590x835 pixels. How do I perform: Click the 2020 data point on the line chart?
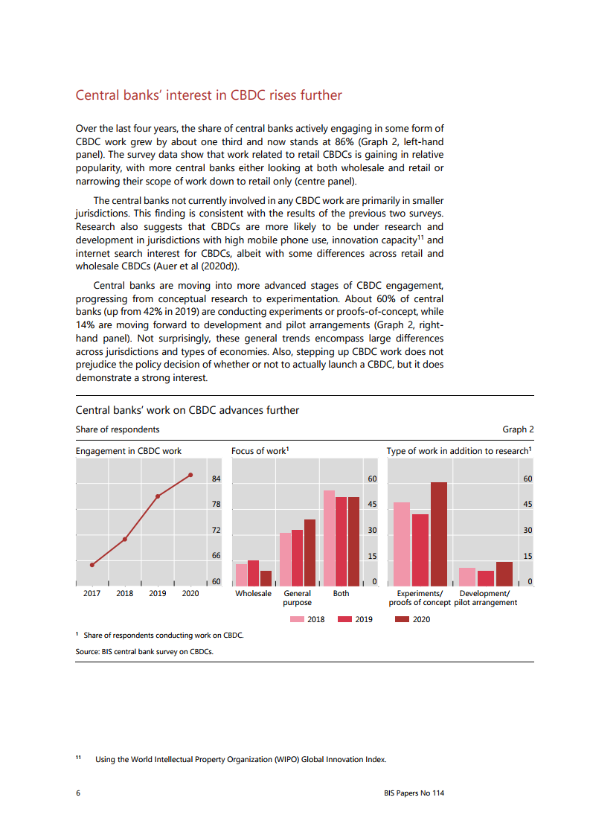[190, 475]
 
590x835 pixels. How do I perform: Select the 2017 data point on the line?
[92, 565]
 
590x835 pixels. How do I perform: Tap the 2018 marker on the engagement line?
[125, 539]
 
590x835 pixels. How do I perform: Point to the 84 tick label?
[216, 479]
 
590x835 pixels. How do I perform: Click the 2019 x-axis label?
[158, 593]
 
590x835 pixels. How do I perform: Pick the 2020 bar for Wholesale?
[266, 578]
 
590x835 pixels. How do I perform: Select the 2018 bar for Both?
[329, 538]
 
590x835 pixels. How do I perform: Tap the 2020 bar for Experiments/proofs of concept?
[439, 534]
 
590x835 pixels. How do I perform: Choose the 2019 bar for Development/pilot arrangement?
[486, 578]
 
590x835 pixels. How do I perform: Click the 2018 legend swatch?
[297, 619]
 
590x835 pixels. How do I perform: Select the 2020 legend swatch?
[402, 619]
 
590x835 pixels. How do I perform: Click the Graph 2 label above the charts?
[518, 429]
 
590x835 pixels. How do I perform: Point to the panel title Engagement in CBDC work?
[129, 451]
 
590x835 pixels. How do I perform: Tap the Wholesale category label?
[253, 593]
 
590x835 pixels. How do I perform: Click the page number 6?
[78, 793]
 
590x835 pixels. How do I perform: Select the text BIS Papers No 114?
[408, 793]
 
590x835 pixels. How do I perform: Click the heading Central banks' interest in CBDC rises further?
[209, 95]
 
